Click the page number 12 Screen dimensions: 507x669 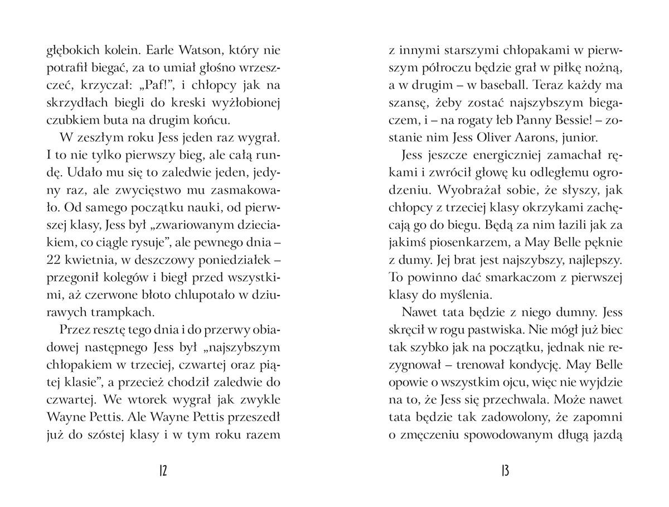tap(163, 471)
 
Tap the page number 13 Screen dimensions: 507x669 tap(505, 471)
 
